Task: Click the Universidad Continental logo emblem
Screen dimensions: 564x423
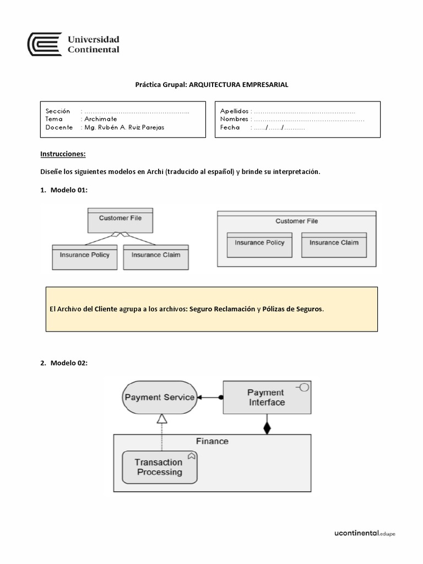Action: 45,44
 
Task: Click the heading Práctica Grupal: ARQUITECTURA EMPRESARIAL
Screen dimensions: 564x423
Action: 211,85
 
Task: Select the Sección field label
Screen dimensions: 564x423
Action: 58,111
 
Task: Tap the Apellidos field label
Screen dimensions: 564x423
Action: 234,111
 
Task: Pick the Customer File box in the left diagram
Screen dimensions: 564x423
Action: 120,220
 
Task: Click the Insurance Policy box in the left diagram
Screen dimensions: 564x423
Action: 85,257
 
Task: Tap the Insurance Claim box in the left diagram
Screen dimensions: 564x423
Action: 156,257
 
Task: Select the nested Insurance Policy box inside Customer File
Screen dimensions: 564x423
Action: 259,245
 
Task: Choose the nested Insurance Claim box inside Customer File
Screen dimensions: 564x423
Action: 334,245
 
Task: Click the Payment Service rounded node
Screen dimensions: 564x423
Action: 159,397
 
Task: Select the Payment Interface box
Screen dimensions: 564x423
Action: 267,397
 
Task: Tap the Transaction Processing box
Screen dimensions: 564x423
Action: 159,467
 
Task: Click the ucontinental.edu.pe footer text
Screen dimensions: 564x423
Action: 365,533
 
